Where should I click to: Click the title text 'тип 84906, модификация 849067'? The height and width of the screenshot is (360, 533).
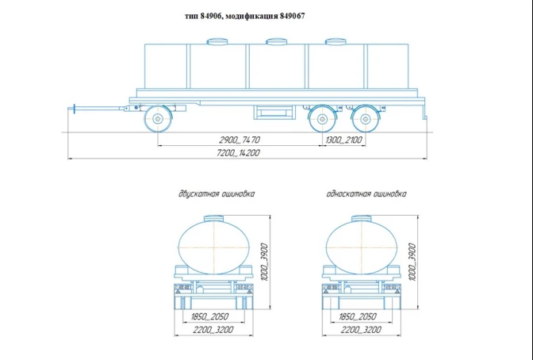[244, 16]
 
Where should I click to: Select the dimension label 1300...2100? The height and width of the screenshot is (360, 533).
[343, 140]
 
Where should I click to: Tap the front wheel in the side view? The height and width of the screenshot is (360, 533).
[158, 119]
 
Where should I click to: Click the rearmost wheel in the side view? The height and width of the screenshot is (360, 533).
[366, 119]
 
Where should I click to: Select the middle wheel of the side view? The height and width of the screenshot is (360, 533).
[322, 119]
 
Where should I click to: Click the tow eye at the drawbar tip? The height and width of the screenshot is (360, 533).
[72, 108]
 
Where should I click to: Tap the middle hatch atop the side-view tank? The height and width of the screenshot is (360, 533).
[277, 40]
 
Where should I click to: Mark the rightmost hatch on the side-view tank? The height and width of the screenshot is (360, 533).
[336, 40]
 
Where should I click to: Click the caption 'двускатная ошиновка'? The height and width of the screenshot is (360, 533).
[217, 193]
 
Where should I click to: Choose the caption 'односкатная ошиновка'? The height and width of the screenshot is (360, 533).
[366, 193]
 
